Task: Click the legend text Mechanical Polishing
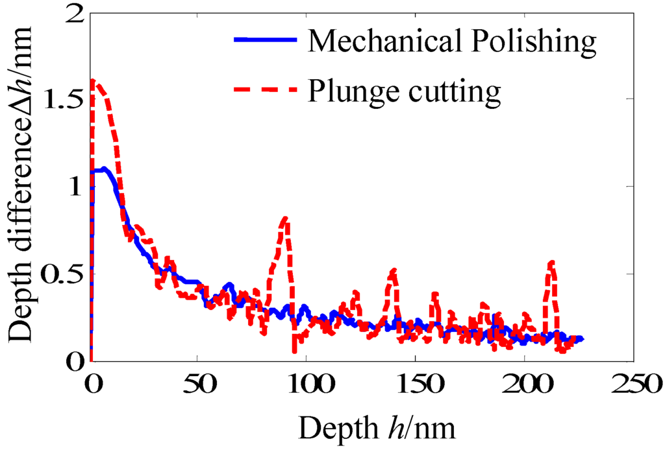click(452, 41)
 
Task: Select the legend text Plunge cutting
click(404, 91)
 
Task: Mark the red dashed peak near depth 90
click(284, 219)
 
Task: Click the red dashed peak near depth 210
click(552, 262)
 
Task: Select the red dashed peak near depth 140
click(392, 270)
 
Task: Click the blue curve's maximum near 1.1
click(103, 169)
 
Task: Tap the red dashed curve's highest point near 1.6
click(94, 81)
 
